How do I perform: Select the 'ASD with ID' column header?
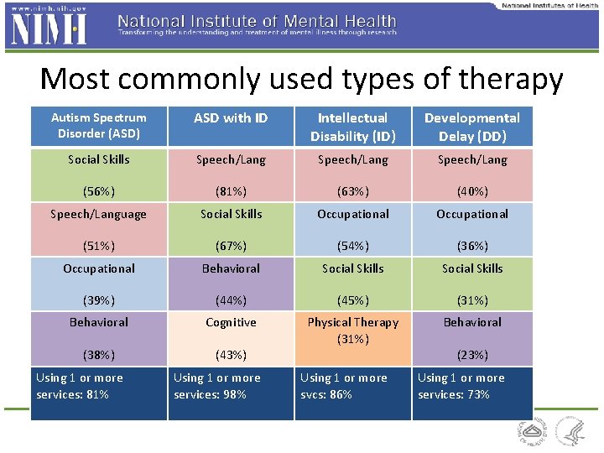tap(231, 118)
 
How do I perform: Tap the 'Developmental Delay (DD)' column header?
tap(471, 127)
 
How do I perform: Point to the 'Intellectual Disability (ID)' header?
tap(352, 127)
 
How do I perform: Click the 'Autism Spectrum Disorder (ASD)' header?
tap(98, 126)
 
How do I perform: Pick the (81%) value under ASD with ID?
tap(231, 191)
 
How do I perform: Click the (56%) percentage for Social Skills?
tap(98, 191)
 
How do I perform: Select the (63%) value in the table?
tap(352, 191)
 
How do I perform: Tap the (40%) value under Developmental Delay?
tap(471, 191)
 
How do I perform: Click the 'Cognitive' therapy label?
tap(231, 322)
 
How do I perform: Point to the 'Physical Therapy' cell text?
tap(352, 322)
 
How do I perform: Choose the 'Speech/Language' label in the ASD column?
tap(98, 214)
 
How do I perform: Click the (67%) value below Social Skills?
tap(231, 246)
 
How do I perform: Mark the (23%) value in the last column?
tap(471, 355)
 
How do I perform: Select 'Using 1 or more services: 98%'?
tap(216, 386)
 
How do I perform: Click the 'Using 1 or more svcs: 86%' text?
tap(344, 386)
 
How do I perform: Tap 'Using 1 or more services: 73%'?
tap(461, 386)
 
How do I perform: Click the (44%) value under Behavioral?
tap(231, 300)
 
